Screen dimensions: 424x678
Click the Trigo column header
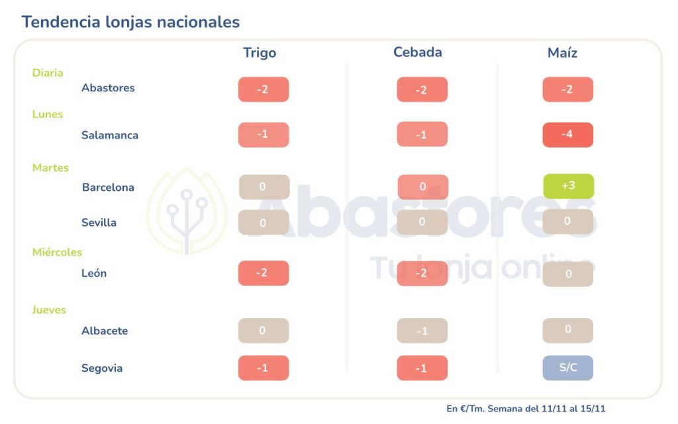point(260,53)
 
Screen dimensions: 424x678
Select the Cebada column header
point(417,52)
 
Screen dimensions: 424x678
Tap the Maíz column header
point(562,53)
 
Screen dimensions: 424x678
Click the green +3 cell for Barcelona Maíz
point(568,186)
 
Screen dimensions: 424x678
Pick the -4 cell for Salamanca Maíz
point(567,134)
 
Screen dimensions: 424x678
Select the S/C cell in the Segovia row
point(567,368)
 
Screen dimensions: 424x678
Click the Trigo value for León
point(264,273)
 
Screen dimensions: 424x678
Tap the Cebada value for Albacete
point(422,331)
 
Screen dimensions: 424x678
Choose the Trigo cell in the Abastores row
point(264,89)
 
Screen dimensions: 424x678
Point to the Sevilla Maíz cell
point(567,221)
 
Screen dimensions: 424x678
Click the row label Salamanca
point(110,135)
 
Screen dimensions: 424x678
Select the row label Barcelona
point(108,187)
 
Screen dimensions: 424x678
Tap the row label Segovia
point(102,368)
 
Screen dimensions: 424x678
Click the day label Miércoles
point(57,252)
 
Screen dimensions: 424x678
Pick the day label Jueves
point(49,310)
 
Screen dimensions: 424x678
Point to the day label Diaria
point(48,73)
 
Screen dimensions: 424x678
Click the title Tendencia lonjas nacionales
point(130,22)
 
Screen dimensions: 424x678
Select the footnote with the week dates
point(526,409)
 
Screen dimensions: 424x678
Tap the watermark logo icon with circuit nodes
point(186,211)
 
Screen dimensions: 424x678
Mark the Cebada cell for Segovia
point(422,368)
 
